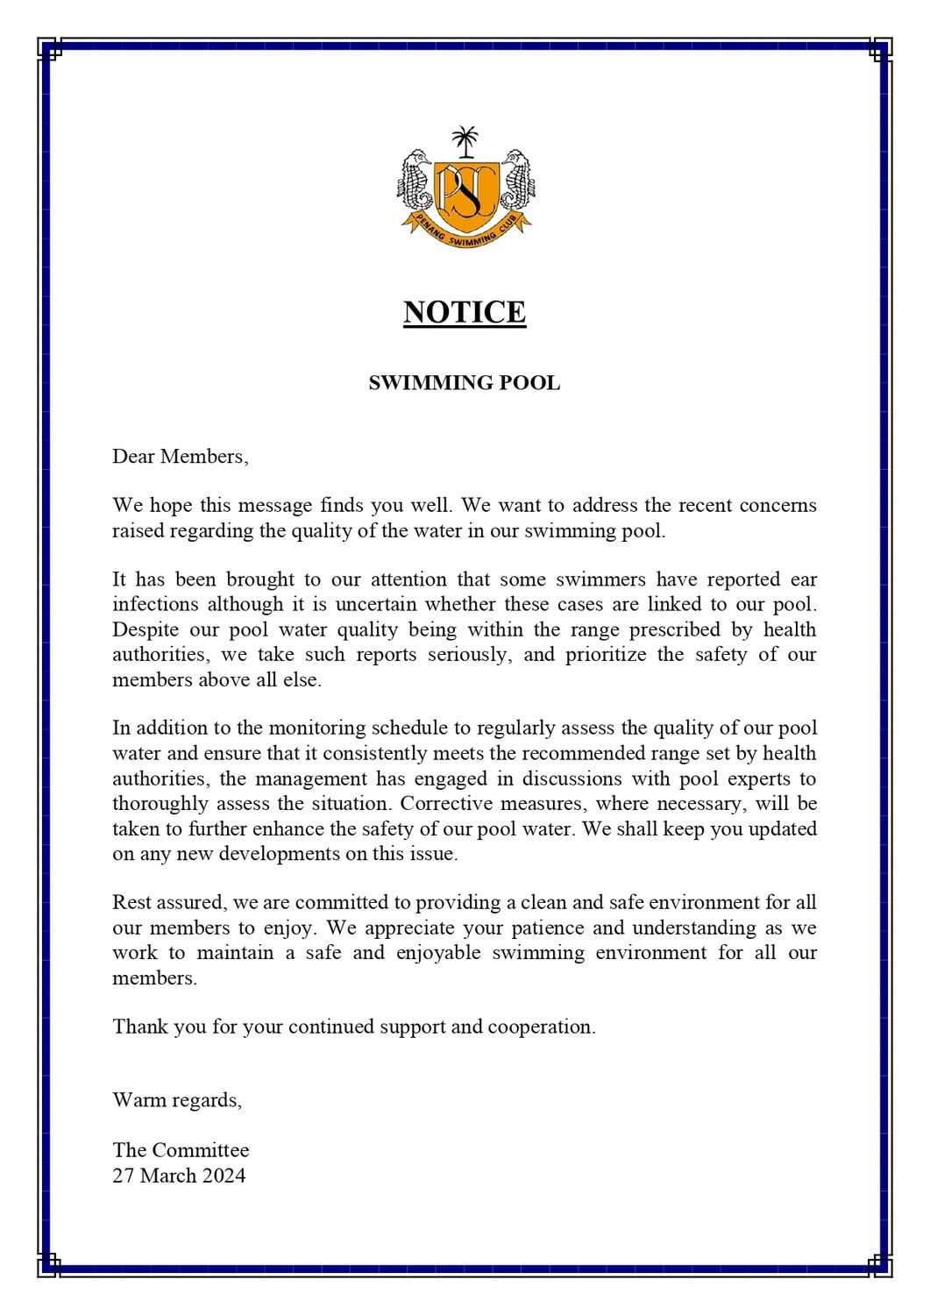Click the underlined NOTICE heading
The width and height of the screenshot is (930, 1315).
click(x=465, y=312)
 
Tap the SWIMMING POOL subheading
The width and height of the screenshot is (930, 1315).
click(x=465, y=383)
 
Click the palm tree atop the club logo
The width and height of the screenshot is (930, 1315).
click(x=465, y=140)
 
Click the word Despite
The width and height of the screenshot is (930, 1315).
click(x=144, y=629)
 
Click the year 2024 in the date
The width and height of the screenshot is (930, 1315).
click(x=224, y=1176)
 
